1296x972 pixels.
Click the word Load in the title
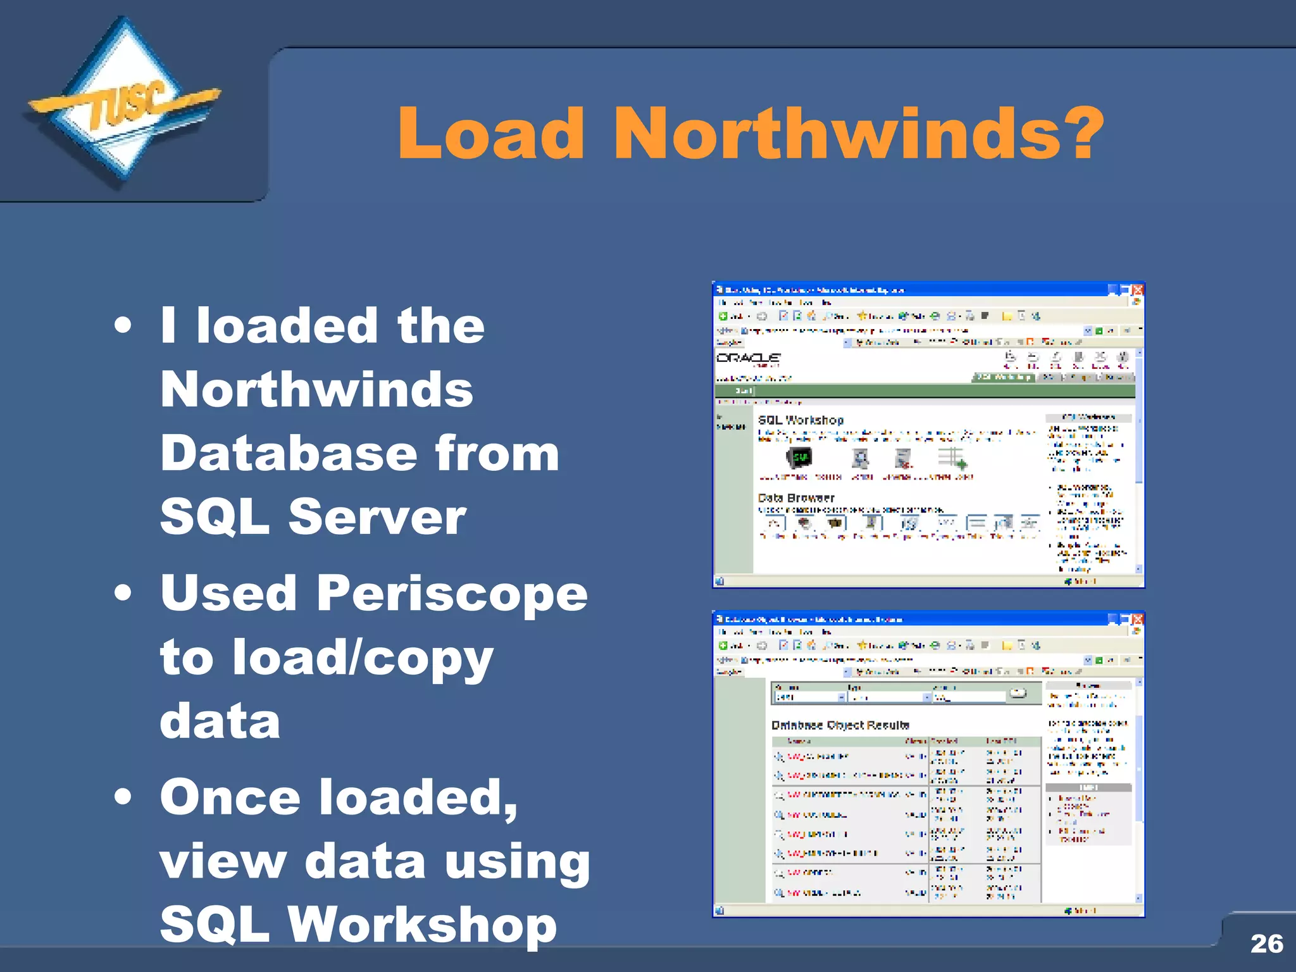coord(490,134)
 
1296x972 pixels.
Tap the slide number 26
coord(1266,944)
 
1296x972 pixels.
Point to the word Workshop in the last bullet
coord(422,925)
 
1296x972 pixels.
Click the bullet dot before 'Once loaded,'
coord(123,797)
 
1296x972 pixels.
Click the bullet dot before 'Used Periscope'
coord(123,593)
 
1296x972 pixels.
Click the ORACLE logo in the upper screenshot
coord(748,358)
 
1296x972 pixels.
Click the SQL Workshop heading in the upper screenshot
coord(801,420)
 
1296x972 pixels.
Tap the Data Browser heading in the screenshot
coord(796,498)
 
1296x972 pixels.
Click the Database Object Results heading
coord(840,725)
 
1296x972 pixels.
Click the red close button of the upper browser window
coord(1138,290)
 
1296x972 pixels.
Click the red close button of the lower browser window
coord(1138,619)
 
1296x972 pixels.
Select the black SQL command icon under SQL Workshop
coord(800,458)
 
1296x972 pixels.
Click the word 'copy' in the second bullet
coord(428,658)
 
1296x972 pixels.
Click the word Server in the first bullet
coord(377,517)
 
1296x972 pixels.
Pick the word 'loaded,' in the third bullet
coord(418,797)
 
